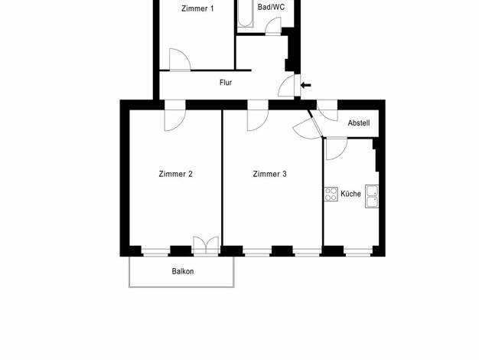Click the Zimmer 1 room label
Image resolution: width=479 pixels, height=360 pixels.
pyautogui.click(x=197, y=8)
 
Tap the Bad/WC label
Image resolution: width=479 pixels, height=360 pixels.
pyautogui.click(x=271, y=7)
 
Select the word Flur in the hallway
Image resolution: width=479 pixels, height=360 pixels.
pyautogui.click(x=226, y=83)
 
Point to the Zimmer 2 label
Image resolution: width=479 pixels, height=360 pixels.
pyautogui.click(x=176, y=174)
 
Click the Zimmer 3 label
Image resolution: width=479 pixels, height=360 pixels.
pyautogui.click(x=270, y=174)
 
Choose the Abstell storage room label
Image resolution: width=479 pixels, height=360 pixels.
pyautogui.click(x=359, y=123)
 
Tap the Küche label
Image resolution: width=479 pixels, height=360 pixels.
pyautogui.click(x=350, y=194)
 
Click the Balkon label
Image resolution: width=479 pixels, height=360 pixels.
pyautogui.click(x=183, y=271)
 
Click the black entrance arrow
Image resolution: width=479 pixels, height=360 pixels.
pyautogui.click(x=306, y=85)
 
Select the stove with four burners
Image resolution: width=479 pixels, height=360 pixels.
pyautogui.click(x=331, y=194)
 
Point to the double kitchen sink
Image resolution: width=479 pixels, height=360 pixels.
pyautogui.click(x=372, y=196)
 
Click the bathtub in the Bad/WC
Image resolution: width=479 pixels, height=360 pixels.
pyautogui.click(x=246, y=14)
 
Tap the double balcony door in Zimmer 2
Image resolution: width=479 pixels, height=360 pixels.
pyautogui.click(x=206, y=246)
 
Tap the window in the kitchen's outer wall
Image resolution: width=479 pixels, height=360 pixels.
pyautogui.click(x=358, y=253)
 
